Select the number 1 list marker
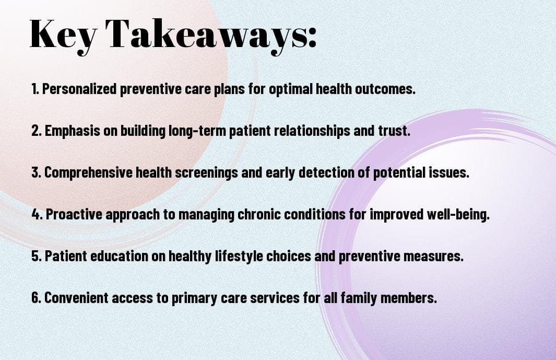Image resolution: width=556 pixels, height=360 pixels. coord(35,89)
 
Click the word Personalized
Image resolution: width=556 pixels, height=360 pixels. coord(79,89)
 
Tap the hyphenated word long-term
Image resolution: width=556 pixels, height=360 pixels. coord(197,131)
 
